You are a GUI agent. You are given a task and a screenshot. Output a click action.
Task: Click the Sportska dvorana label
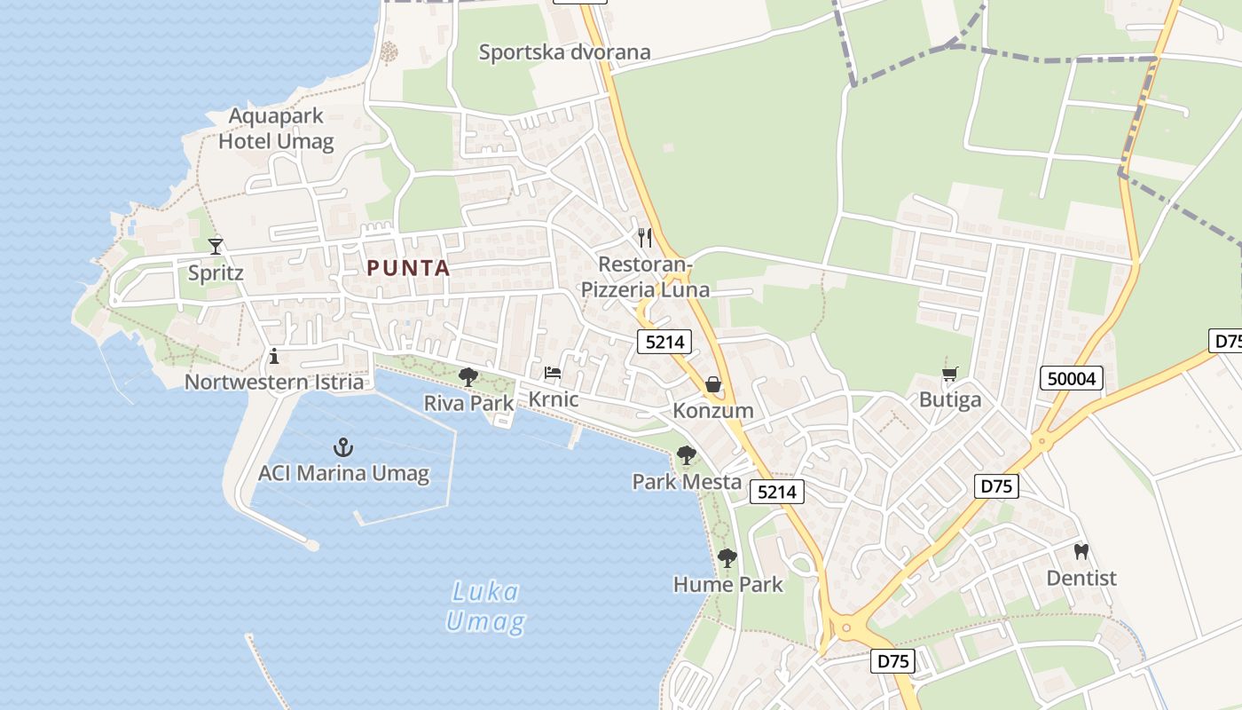[564, 52]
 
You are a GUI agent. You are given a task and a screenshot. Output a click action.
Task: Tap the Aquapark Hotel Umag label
[276, 129]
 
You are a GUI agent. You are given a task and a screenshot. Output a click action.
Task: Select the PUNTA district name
[408, 268]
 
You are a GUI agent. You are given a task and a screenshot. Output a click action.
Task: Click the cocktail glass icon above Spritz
[216, 246]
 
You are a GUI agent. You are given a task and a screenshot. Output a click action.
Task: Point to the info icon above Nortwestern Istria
[274, 357]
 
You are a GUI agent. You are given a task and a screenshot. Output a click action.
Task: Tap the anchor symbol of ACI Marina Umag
[343, 446]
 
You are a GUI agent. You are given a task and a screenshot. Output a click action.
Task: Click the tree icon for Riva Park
[468, 377]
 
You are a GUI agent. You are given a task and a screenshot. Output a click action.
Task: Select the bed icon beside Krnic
[553, 373]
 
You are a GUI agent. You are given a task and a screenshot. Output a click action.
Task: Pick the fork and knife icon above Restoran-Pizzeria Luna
[645, 238]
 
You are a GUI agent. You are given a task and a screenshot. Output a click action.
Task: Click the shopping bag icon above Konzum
[712, 384]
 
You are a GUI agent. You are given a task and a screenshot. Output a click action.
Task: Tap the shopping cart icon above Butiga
[950, 375]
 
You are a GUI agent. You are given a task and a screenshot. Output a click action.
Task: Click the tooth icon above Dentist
[1081, 551]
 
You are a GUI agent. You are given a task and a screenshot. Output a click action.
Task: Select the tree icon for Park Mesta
[686, 455]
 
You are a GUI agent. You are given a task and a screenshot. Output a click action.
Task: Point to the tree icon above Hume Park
[727, 558]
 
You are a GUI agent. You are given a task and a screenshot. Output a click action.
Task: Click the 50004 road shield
[1072, 379]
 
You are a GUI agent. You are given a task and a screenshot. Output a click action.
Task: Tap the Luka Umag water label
[485, 607]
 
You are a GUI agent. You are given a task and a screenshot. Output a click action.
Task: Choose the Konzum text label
[713, 410]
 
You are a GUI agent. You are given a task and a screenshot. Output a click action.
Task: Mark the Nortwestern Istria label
[274, 383]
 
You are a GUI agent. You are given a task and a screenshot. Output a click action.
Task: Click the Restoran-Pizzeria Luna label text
[645, 277]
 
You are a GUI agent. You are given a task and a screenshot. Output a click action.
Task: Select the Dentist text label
[1081, 578]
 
